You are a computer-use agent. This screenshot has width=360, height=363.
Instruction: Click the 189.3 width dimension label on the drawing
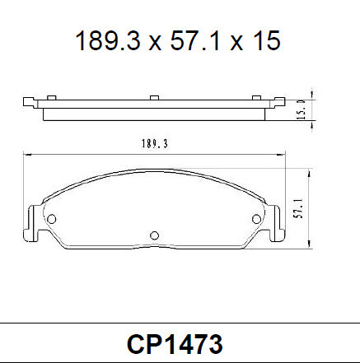(154, 143)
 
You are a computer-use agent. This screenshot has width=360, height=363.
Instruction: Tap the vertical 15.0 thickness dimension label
(302, 108)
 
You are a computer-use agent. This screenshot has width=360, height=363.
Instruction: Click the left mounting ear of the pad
(34, 221)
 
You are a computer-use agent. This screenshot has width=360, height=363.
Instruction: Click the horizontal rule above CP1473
(180, 323)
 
